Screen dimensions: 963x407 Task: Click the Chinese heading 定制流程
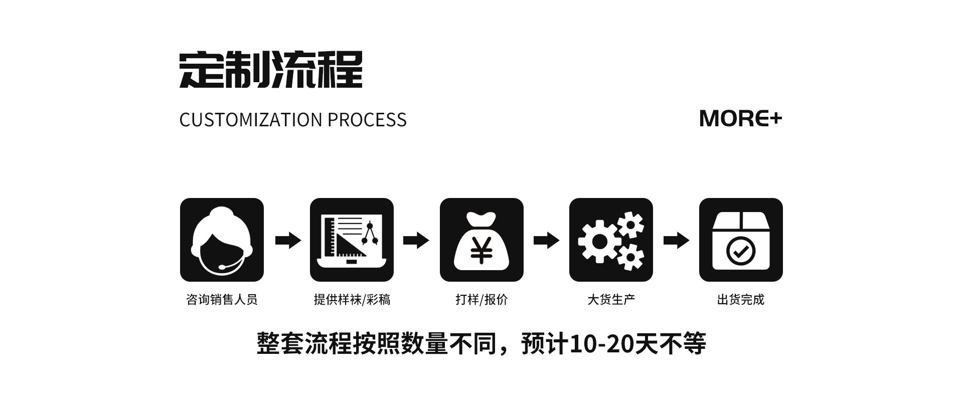coord(271,70)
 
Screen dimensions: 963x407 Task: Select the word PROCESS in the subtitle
coord(367,120)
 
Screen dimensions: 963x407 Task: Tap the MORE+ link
coord(740,118)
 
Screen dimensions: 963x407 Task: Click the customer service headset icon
coord(222,240)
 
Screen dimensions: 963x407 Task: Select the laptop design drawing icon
coord(352,240)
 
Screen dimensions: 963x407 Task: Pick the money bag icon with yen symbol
coord(481,240)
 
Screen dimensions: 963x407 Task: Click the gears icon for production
coord(611,240)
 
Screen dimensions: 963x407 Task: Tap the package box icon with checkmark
coord(741,240)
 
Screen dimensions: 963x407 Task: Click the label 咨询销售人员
coord(222,300)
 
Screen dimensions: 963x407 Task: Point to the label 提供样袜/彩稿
coord(352,300)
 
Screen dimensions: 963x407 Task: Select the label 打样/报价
coord(481,300)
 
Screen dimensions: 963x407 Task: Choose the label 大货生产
coord(611,300)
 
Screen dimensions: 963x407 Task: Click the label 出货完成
coord(741,300)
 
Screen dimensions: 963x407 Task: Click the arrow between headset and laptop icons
coord(288,240)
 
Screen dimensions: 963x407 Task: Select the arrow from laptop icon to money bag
coord(416,240)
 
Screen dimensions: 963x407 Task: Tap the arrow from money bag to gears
coord(546,240)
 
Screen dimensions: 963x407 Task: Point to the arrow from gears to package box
coord(676,240)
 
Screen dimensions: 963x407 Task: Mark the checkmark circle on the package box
coord(741,251)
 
